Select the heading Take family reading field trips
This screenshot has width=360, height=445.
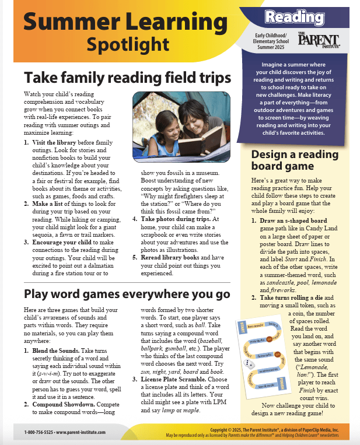127,78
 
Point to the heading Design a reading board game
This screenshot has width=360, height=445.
294,160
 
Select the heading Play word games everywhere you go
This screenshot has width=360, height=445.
127,293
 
